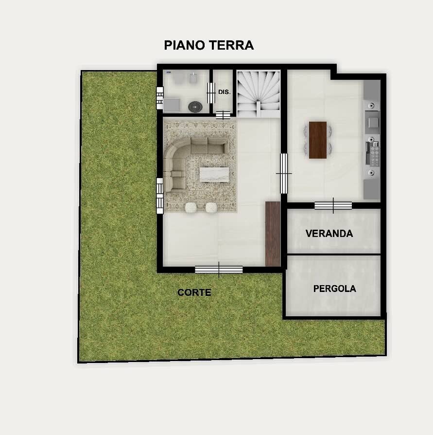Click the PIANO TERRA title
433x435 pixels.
click(x=208, y=45)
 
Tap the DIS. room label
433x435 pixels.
click(x=224, y=91)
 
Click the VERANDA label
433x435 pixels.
click(x=329, y=234)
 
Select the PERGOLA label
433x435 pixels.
click(x=334, y=289)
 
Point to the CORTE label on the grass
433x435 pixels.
click(x=194, y=292)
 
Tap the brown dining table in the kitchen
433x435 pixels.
click(x=318, y=140)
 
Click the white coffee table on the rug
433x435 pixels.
click(x=214, y=174)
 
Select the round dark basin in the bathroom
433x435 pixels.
click(x=195, y=106)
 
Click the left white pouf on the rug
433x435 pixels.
click(x=191, y=208)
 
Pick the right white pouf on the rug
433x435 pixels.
click(x=211, y=208)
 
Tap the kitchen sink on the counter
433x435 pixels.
click(x=372, y=118)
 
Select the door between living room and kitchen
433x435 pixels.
click(x=284, y=173)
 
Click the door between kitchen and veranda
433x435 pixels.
click(x=333, y=205)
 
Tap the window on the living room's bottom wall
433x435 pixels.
click(x=219, y=269)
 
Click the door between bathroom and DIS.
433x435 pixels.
click(x=211, y=92)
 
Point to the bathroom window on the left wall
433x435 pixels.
click(x=159, y=97)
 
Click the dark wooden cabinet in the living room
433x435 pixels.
click(x=273, y=234)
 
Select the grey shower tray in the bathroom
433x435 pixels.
click(x=172, y=105)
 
